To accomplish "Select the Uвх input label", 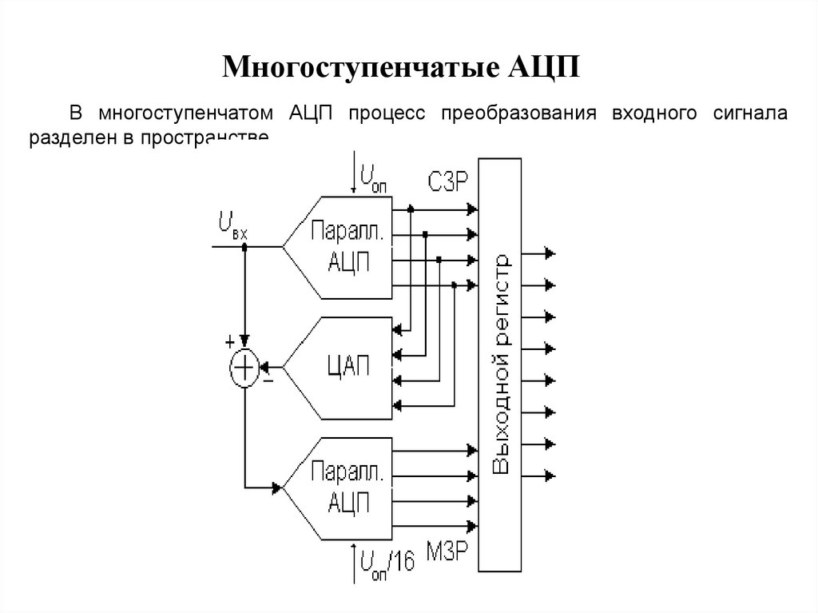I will (232, 225).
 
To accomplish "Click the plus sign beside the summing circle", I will (230, 342).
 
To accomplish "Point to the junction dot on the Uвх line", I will (245, 247).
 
